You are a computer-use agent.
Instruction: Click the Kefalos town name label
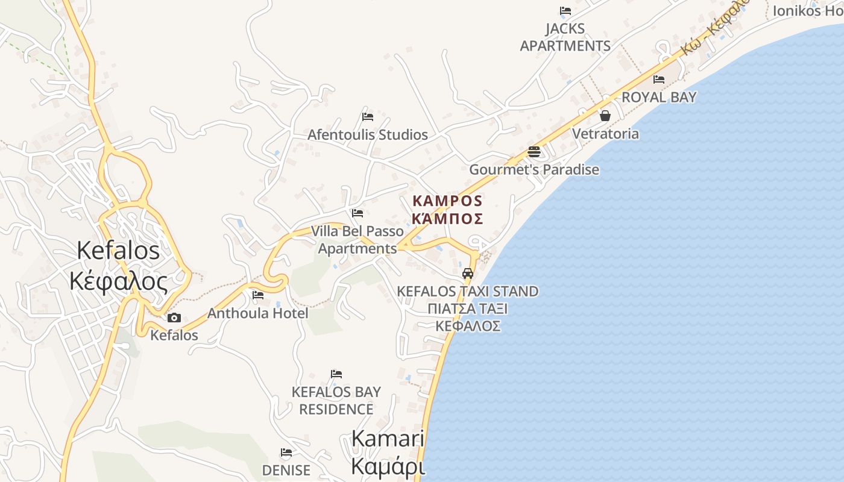pos(118,266)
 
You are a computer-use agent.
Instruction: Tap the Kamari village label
pos(388,452)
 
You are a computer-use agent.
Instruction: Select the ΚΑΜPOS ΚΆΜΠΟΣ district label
pos(447,209)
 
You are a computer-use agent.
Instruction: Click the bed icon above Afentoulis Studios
pos(368,116)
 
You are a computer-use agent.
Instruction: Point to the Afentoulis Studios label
pos(368,134)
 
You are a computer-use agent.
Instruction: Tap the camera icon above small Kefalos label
pos(174,318)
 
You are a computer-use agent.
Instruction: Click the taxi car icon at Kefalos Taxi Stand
pos(468,273)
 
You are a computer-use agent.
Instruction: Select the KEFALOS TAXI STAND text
pos(468,292)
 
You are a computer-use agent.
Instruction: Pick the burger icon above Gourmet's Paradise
pos(534,151)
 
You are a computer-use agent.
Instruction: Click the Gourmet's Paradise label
pos(534,169)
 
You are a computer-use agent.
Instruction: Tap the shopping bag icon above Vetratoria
pos(605,115)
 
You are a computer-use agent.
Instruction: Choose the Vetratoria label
pos(605,133)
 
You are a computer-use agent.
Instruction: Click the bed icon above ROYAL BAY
pos(659,79)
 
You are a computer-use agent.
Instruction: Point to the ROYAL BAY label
pos(659,97)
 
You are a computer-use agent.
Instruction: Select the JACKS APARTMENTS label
pos(565,37)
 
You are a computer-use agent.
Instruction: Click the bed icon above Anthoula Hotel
pos(258,295)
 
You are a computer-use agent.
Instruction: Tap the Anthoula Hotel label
pos(258,313)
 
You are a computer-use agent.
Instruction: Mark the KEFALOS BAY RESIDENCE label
pos(336,400)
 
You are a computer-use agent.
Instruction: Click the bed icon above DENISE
pos(286,452)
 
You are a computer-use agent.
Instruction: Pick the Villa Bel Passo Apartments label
pos(357,240)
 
